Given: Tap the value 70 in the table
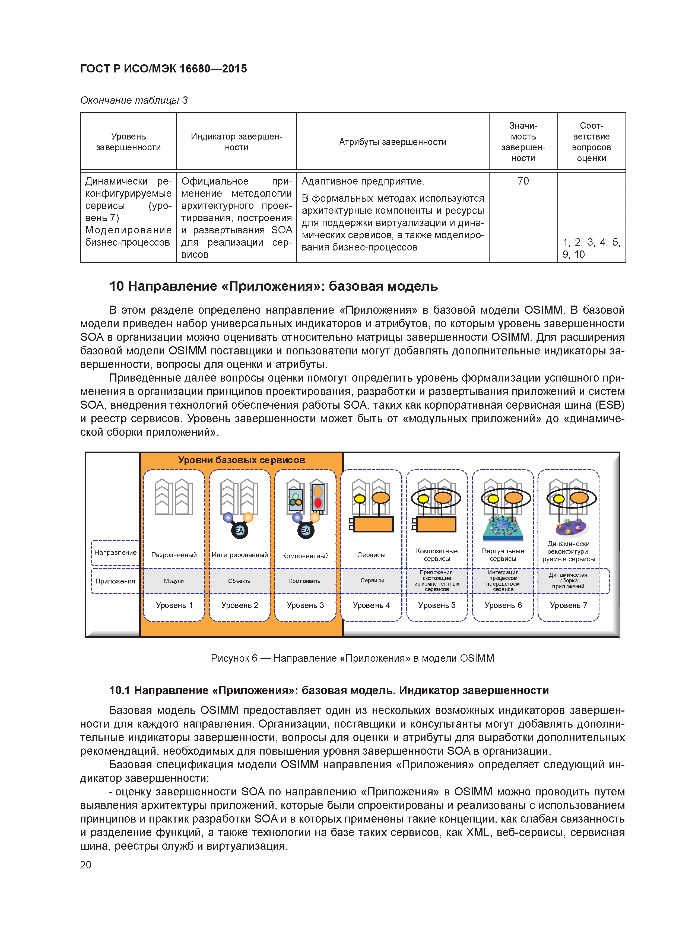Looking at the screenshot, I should pos(523,181).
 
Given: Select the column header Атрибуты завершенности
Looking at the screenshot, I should pos(392,142).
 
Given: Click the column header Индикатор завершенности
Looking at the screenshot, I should pos(236,142).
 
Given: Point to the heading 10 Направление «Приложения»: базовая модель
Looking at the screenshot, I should pos(273,286).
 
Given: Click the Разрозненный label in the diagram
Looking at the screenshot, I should pos(174,555).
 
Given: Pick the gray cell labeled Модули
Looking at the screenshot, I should pos(174,581).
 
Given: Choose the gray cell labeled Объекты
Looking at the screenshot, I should pos(240,581).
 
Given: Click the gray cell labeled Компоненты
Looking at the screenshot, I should pos(305,581).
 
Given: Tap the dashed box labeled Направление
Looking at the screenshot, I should pos(115,553).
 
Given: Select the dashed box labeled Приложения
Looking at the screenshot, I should pos(115,581).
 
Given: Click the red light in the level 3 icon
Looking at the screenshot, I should pos(318,503).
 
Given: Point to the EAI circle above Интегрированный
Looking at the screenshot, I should pos(240,530).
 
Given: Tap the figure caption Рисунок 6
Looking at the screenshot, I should pos(352,658).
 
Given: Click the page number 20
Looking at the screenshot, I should pos(85,865).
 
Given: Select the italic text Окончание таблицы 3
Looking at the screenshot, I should pos(134,100).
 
